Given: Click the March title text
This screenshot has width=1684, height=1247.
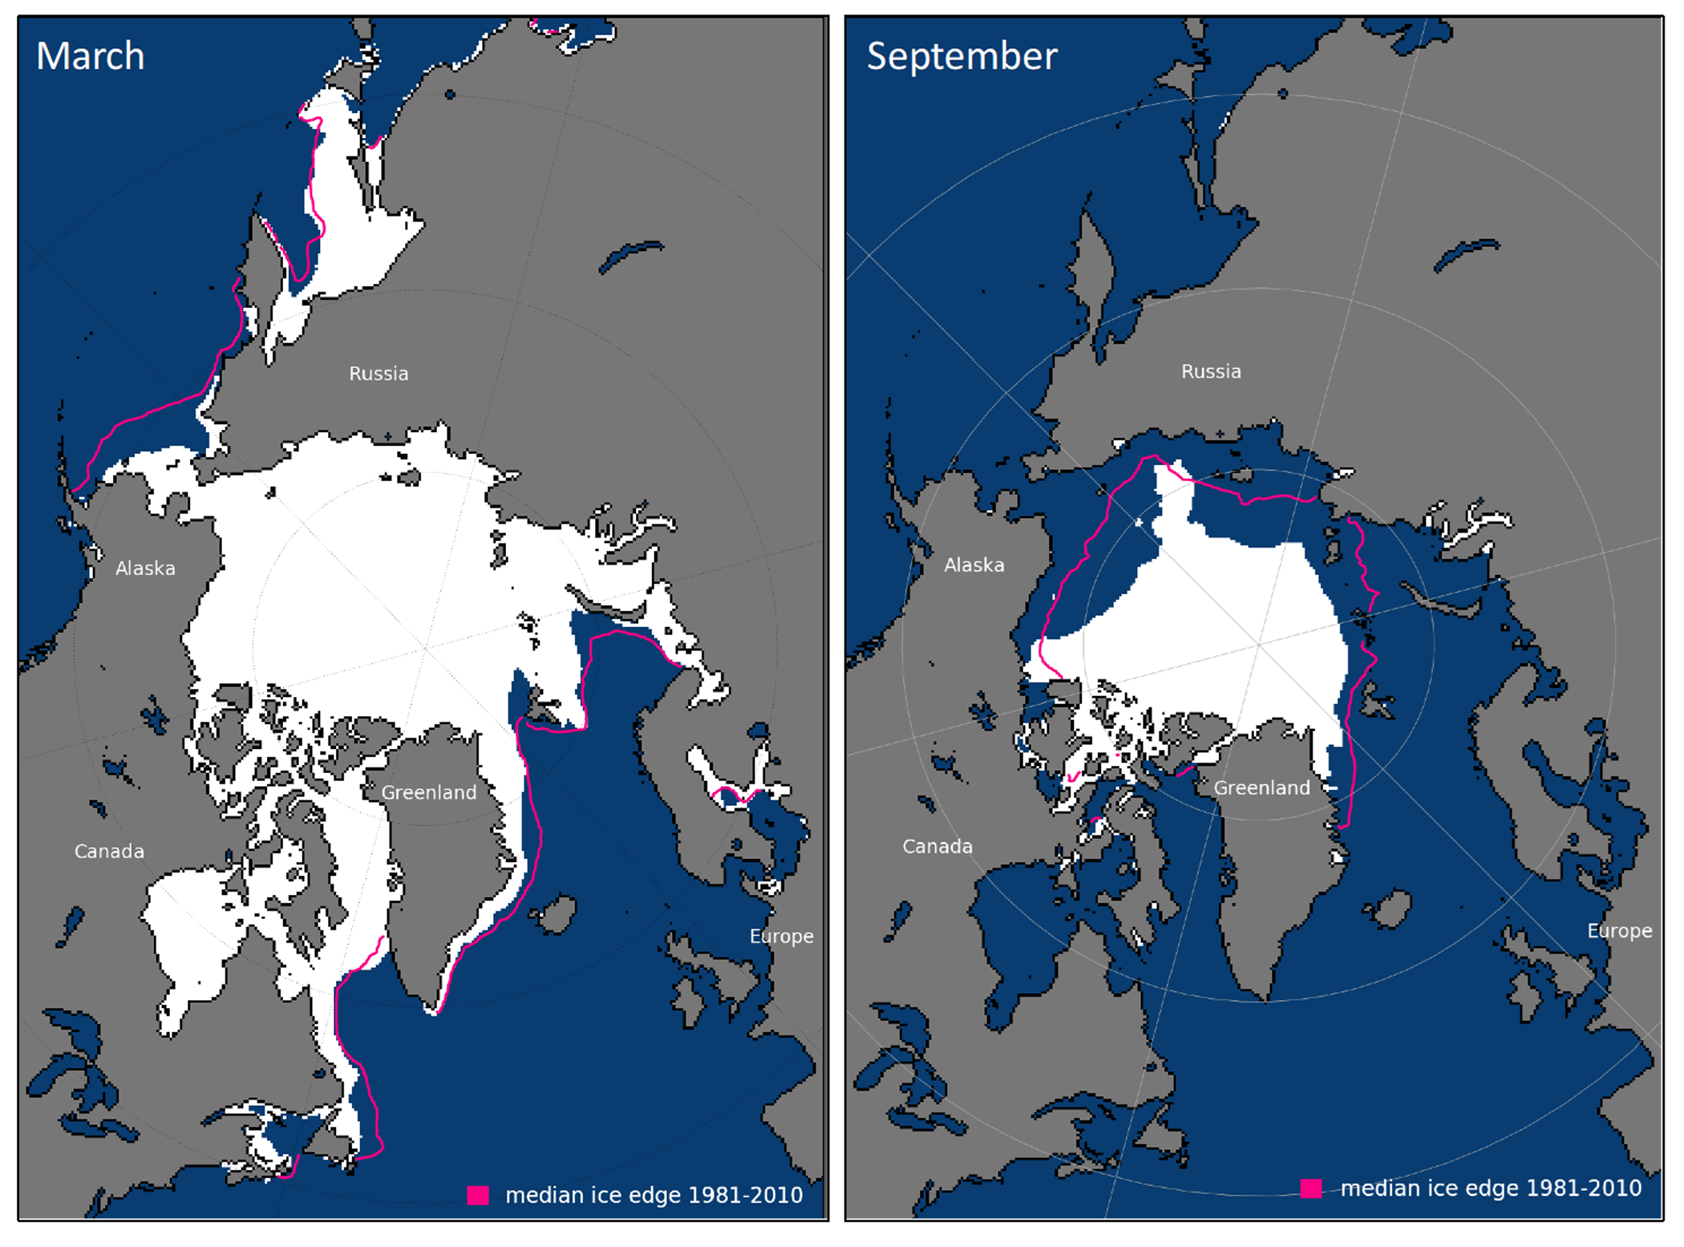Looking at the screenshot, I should (x=90, y=56).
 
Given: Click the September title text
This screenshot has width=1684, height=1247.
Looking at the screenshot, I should (x=961, y=56).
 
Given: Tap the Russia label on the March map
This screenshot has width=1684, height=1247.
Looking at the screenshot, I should (x=378, y=374).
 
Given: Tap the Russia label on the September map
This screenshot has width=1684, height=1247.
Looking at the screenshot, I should (x=1211, y=371).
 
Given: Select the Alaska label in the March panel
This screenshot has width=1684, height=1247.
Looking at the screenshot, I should (x=145, y=569).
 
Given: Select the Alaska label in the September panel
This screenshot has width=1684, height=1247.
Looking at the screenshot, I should (x=974, y=565).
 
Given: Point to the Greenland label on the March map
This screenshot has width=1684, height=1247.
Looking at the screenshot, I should (x=428, y=792).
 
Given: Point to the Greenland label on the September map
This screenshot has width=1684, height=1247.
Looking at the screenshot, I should (x=1261, y=787).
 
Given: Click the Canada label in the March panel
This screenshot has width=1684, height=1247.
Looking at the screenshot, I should (x=109, y=851).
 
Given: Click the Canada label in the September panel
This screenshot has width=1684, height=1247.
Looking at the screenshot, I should (x=937, y=846).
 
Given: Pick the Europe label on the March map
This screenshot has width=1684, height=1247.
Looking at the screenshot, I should (x=781, y=936).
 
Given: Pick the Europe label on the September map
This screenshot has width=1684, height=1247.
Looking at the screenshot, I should (x=1619, y=930).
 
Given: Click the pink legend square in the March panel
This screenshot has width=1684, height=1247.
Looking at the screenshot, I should (x=478, y=1195).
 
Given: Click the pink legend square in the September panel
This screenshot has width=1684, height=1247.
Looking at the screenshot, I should (x=1310, y=1188).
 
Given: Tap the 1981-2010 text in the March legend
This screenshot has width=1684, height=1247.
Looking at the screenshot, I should (x=745, y=1195).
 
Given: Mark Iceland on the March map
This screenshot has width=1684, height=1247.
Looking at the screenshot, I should (x=557, y=915).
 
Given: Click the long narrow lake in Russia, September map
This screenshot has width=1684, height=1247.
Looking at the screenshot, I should (x=1464, y=253).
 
